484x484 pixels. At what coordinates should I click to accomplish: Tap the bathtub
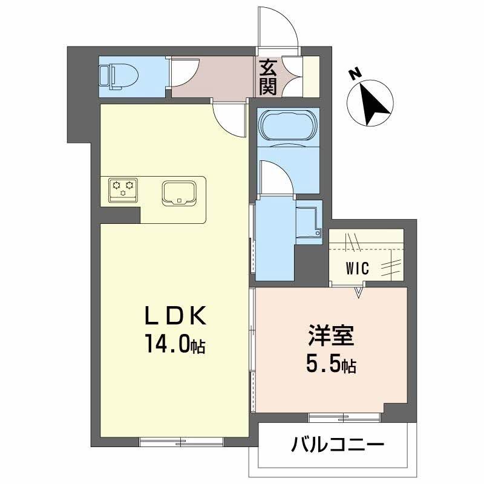pyautogui.click(x=287, y=127)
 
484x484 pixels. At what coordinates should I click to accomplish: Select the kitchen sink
pyautogui.click(x=179, y=193)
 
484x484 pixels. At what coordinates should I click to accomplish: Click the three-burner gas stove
pyautogui.click(x=123, y=189)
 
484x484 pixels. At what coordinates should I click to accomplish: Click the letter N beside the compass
pyautogui.click(x=356, y=74)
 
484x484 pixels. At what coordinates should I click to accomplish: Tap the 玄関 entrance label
pyautogui.click(x=268, y=77)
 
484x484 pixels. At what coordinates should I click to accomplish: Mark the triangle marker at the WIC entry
pyautogui.click(x=359, y=293)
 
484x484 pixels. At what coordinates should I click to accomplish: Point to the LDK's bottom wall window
pyautogui.click(x=182, y=441)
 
